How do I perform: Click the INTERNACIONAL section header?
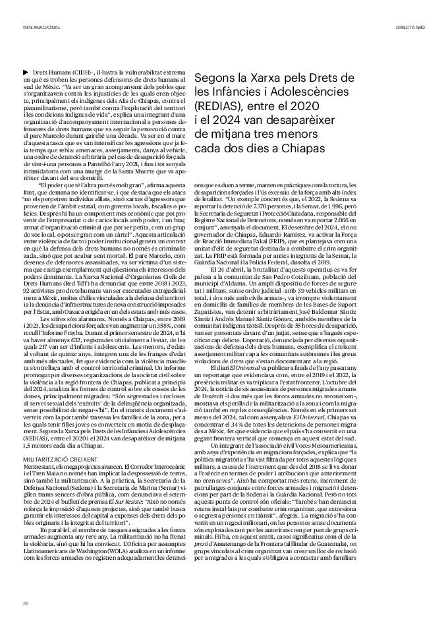(x=42, y=28)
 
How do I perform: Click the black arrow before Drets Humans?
(x=26, y=71)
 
